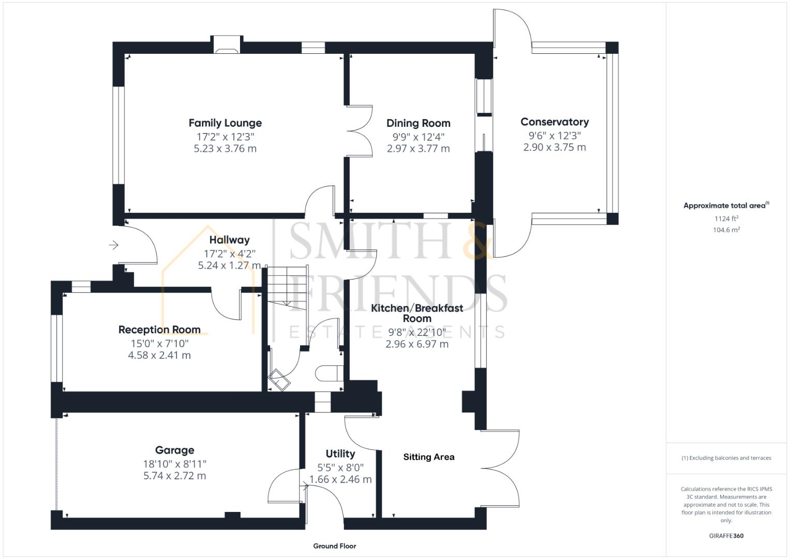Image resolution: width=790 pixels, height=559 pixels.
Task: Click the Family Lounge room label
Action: (x=225, y=123)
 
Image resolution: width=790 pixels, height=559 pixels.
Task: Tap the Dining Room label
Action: (x=418, y=123)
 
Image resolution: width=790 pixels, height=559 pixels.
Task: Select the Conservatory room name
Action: (x=554, y=122)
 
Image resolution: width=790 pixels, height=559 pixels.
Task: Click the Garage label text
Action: (x=174, y=450)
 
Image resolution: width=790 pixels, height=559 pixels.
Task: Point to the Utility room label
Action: (x=340, y=454)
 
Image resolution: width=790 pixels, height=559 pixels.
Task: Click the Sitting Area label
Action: (x=428, y=457)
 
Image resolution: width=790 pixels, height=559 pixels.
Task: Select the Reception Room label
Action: (x=159, y=330)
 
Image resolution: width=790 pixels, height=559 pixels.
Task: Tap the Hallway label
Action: (x=229, y=240)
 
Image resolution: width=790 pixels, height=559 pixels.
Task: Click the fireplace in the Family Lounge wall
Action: (x=227, y=45)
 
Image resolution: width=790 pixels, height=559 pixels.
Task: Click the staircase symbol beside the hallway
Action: (x=287, y=287)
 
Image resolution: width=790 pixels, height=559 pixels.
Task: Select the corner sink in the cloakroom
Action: (x=278, y=381)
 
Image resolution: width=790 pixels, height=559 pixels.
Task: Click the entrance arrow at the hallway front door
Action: (x=114, y=245)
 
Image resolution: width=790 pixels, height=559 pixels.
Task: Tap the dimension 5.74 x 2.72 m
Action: (x=174, y=476)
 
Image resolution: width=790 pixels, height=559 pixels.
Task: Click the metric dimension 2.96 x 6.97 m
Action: (x=417, y=344)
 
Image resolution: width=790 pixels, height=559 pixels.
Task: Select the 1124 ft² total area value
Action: (x=726, y=218)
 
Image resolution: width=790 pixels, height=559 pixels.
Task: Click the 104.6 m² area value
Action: (x=726, y=230)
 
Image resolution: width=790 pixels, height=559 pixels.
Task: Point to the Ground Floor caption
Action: (x=334, y=546)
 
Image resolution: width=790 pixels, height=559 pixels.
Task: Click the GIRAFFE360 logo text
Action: (x=726, y=536)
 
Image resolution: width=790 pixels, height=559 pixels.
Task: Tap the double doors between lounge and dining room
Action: (x=360, y=131)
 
